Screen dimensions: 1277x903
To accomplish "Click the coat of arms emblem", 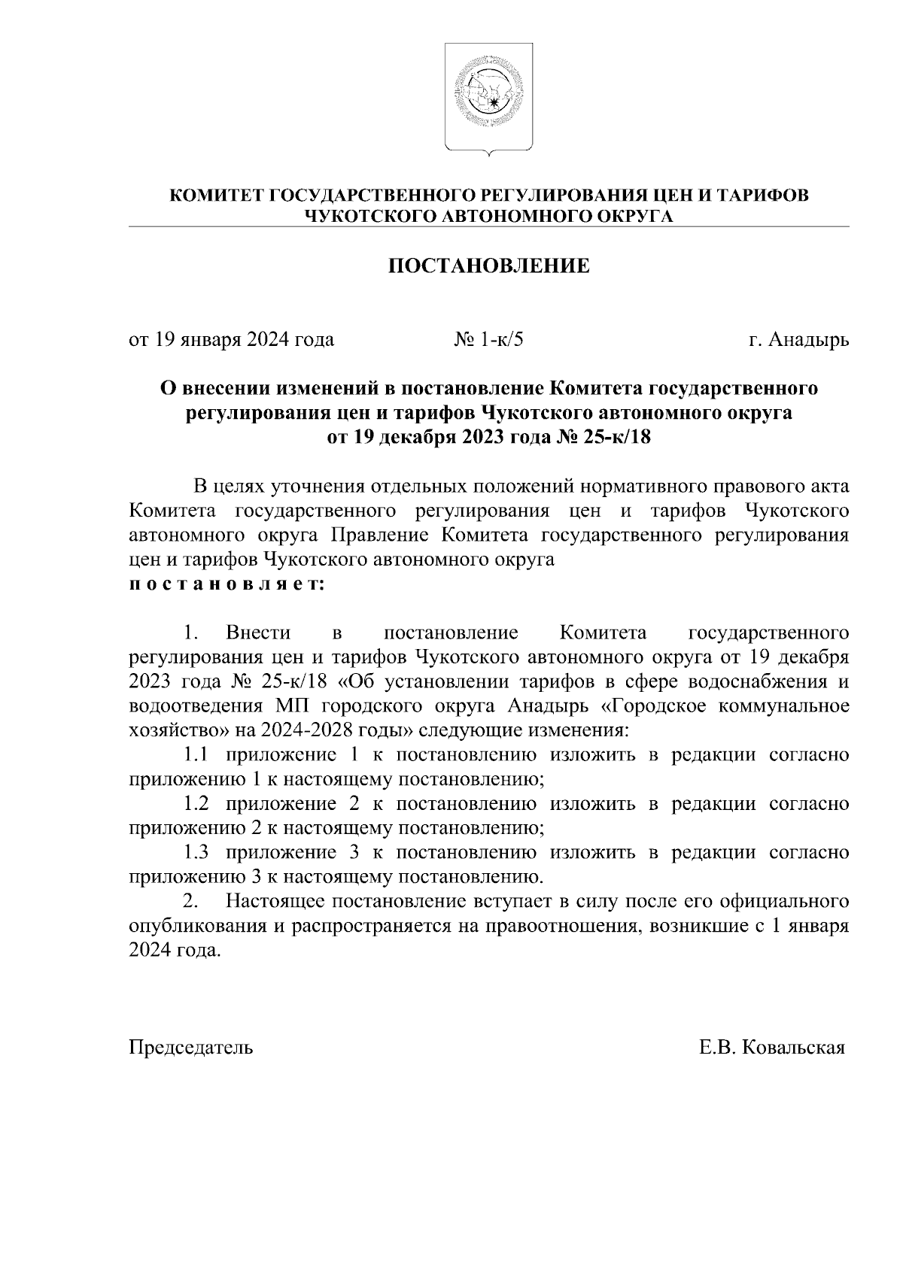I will click(x=489, y=98).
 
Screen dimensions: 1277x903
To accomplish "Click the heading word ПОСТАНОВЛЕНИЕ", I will click(x=488, y=265).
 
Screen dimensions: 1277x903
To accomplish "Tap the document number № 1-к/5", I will click(x=488, y=340).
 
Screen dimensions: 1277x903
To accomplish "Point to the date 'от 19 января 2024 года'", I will click(x=232, y=340).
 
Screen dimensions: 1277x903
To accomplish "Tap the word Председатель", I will click(x=191, y=1048).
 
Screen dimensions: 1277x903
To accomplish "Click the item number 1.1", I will click(x=196, y=755).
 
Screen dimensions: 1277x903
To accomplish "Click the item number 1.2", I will click(x=196, y=804).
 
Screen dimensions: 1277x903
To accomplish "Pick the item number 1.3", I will click(x=196, y=853).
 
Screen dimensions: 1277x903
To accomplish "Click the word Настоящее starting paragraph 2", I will click(x=276, y=901).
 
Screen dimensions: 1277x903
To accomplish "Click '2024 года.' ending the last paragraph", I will click(x=175, y=951).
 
